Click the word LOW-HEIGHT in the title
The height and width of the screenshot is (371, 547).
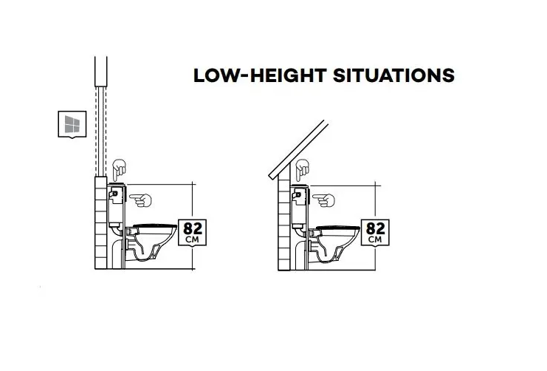pyautogui.click(x=260, y=75)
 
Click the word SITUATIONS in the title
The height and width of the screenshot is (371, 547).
pyautogui.click(x=394, y=75)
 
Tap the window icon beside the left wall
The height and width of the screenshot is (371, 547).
pyautogui.click(x=72, y=124)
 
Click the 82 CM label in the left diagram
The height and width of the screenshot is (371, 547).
pyautogui.click(x=192, y=233)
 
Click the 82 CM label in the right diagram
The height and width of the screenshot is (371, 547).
pyautogui.click(x=375, y=233)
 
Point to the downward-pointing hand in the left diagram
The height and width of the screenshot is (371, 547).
pyautogui.click(x=120, y=170)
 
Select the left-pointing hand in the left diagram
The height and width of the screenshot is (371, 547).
pyautogui.click(x=140, y=200)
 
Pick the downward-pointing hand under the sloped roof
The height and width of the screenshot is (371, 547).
pyautogui.click(x=302, y=170)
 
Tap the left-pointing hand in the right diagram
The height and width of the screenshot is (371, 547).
pyautogui.click(x=323, y=200)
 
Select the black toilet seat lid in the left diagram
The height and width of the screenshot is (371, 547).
pyautogui.click(x=155, y=225)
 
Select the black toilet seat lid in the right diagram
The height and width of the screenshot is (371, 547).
pyautogui.click(x=337, y=228)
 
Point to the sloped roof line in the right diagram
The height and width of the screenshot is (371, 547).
pyautogui.click(x=298, y=150)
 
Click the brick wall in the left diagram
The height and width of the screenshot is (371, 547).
pyautogui.click(x=101, y=222)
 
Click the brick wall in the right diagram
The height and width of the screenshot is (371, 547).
pyautogui.click(x=284, y=222)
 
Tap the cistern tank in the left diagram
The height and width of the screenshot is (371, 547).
pyautogui.click(x=116, y=205)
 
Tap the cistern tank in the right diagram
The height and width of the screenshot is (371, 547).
pyautogui.click(x=299, y=207)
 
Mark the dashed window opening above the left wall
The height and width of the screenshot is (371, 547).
pyautogui.click(x=101, y=131)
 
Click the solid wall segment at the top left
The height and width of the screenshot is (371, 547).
pyautogui.click(x=101, y=71)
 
